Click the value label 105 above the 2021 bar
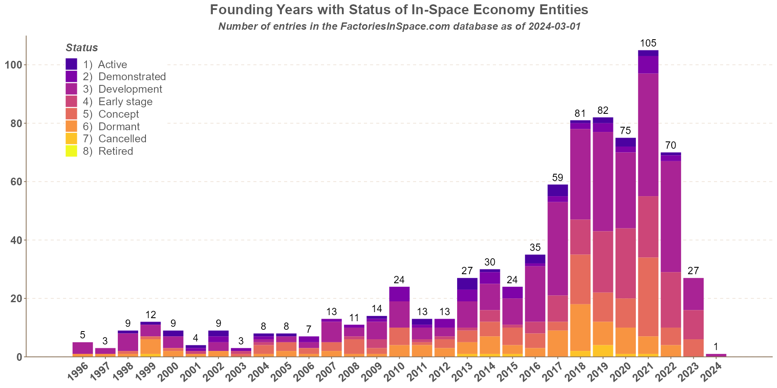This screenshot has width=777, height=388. pyautogui.click(x=648, y=43)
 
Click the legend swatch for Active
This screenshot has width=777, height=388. pyautogui.click(x=71, y=64)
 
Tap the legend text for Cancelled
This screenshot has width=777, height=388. pyautogui.click(x=122, y=139)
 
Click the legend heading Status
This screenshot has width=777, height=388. pyautogui.click(x=82, y=48)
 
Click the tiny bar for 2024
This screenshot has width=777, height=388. pyautogui.click(x=716, y=355)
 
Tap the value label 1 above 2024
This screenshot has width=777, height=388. pyautogui.click(x=716, y=347)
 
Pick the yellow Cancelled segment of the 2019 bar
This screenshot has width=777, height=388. pyautogui.click(x=603, y=350)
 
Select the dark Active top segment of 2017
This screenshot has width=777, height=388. pyautogui.click(x=557, y=190)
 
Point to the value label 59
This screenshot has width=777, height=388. pyautogui.click(x=557, y=177)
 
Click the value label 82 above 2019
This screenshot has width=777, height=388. pyautogui.click(x=603, y=110)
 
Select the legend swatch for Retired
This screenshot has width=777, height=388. pyautogui.click(x=71, y=151)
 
